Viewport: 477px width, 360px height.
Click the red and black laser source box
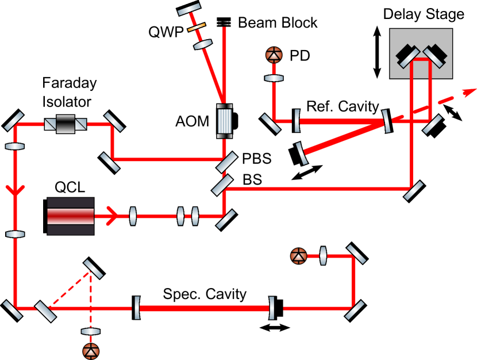tap(70, 216)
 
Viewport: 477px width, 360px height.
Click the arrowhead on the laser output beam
tap(113, 216)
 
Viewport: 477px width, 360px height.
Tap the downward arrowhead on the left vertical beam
tap(15, 190)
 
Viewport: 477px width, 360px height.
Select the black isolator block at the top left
tap(66, 124)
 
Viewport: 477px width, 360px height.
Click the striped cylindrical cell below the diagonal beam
tap(224, 121)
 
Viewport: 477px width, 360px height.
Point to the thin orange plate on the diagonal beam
tap(196, 27)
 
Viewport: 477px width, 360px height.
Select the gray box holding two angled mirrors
tap(421, 53)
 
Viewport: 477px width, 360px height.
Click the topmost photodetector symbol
tap(274, 55)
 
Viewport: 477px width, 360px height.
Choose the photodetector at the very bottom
tap(91, 351)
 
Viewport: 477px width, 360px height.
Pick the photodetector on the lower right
tap(298, 256)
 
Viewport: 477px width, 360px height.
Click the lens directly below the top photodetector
tap(274, 78)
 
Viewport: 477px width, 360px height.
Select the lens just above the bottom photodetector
tap(91, 331)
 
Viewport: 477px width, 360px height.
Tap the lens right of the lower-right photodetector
tap(323, 256)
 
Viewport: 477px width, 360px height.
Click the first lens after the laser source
tap(133, 216)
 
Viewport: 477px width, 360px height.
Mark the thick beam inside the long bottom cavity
tap(204, 308)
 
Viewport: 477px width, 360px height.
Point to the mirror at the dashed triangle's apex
tap(93, 269)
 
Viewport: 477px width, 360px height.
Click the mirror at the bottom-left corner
tap(12, 309)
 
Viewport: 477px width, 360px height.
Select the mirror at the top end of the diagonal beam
tap(189, 10)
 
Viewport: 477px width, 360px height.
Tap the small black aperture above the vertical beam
tap(224, 23)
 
